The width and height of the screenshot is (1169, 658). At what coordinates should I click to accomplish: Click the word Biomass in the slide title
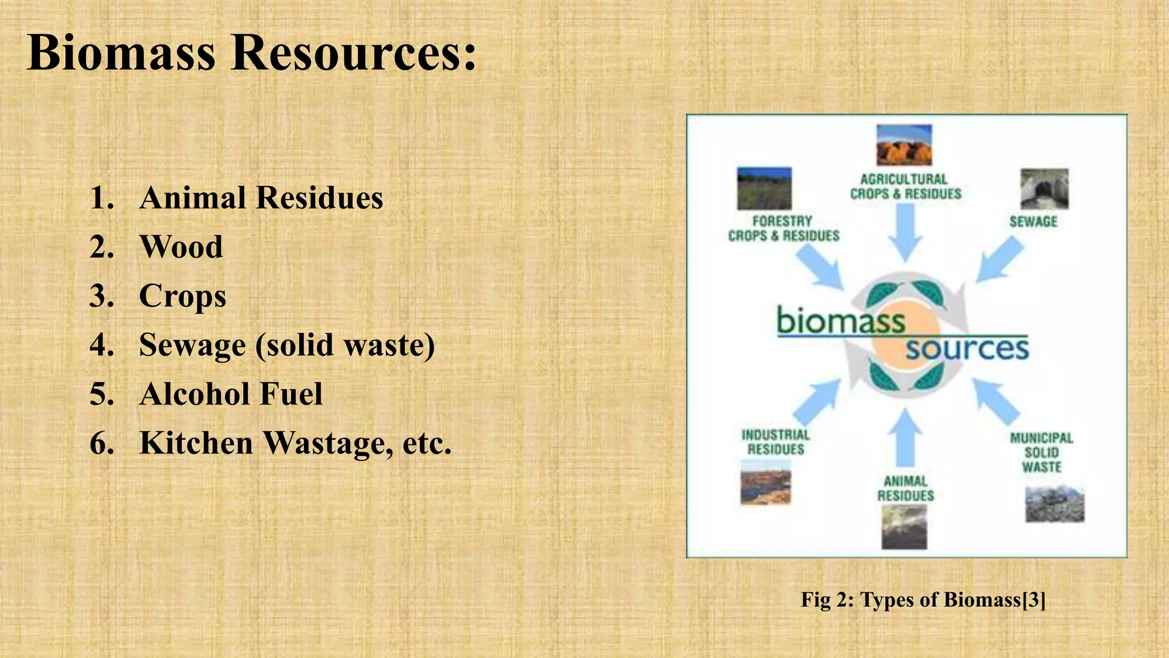point(121,53)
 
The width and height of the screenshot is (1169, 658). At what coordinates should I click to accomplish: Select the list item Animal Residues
point(261,198)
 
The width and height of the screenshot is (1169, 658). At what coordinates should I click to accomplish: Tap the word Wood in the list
point(181,247)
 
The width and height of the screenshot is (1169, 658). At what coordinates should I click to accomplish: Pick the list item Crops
point(183,296)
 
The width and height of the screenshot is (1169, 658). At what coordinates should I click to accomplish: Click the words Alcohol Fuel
point(231,394)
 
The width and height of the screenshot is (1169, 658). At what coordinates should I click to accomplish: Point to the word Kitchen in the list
point(196,443)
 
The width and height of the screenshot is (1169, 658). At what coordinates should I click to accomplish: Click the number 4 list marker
point(102,345)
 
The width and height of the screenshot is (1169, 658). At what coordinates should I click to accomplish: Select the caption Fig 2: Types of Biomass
point(923,600)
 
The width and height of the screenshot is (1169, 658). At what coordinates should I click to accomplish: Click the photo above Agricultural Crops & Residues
point(904,145)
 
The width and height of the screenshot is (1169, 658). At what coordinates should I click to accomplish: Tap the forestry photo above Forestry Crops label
point(764,188)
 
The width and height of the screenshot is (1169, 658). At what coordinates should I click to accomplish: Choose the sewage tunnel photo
point(1044,189)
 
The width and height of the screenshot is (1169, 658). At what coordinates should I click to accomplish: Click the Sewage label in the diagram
point(1033,222)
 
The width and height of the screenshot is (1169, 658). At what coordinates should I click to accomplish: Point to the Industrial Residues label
point(776,442)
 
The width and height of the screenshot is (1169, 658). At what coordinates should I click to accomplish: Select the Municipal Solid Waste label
point(1042,452)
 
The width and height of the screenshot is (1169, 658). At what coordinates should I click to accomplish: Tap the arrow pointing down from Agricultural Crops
point(905,231)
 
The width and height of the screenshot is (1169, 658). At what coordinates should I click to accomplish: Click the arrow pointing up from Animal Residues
point(905,438)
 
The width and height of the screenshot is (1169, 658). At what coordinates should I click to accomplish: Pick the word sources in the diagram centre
point(967,348)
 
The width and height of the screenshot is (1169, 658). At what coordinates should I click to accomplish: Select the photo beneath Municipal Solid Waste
point(1054,504)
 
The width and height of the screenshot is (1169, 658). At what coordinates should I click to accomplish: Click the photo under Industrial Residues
point(765,487)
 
